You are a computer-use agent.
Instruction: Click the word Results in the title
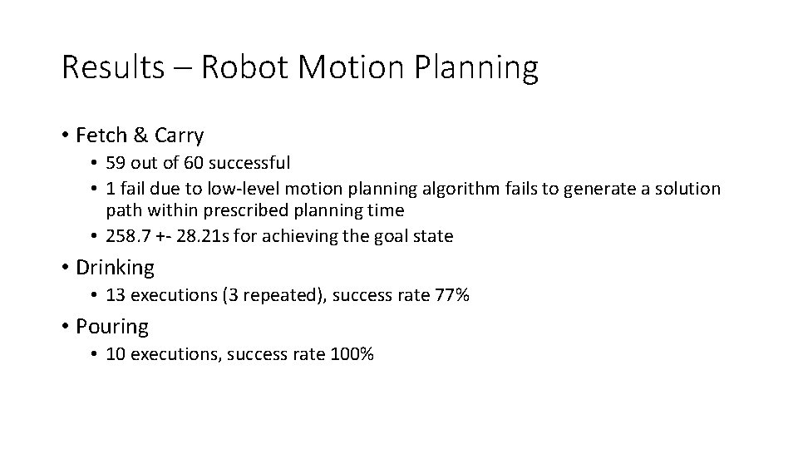(113, 67)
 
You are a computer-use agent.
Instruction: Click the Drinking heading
(115, 268)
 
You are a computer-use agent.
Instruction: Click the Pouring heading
(112, 327)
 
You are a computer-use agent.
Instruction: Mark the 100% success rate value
(352, 354)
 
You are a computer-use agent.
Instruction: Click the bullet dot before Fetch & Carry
(64, 135)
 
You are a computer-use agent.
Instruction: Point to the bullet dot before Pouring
(64, 327)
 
